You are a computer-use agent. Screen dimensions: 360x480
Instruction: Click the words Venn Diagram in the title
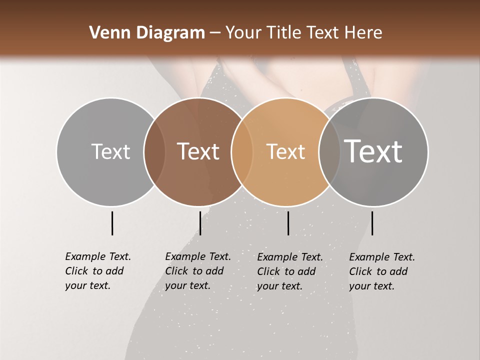147,33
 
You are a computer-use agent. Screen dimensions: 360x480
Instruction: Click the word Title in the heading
285,33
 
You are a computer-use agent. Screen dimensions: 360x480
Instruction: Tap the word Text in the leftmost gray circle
110,151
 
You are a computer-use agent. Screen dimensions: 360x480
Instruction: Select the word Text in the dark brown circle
198,151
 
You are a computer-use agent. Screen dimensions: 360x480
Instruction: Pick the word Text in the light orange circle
285,151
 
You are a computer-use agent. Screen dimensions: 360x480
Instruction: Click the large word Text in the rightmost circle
373,151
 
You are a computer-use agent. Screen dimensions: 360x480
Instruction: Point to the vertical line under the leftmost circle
112,223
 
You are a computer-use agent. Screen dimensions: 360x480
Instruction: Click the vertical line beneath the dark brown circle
200,223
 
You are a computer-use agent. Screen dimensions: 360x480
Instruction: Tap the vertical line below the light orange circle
288,223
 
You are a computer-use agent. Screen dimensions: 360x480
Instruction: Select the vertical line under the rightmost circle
372,223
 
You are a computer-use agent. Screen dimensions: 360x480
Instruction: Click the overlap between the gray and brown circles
154,151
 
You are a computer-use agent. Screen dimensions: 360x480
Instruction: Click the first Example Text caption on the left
97,271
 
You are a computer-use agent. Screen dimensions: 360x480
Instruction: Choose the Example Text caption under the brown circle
197,271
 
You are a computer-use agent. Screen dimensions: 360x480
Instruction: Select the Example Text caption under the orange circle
289,271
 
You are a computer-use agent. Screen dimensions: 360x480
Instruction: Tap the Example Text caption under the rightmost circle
381,271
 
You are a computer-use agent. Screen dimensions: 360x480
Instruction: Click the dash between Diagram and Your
215,33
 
